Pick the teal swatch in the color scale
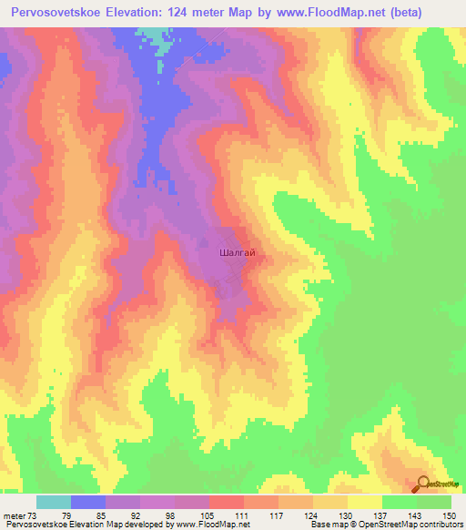54,502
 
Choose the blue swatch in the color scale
88,502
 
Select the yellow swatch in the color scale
365,502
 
